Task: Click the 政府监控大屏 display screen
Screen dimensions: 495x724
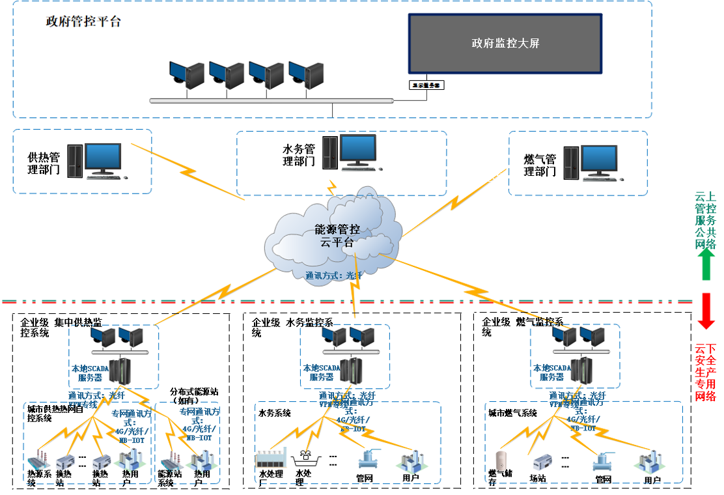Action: click(505, 44)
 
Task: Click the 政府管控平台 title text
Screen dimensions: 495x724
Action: click(83, 21)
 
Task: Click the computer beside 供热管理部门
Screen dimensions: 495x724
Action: click(97, 160)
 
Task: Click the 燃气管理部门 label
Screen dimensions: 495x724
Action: click(540, 165)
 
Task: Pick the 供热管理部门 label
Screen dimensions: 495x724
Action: click(44, 163)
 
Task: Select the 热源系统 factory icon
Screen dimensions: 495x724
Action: click(38, 459)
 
